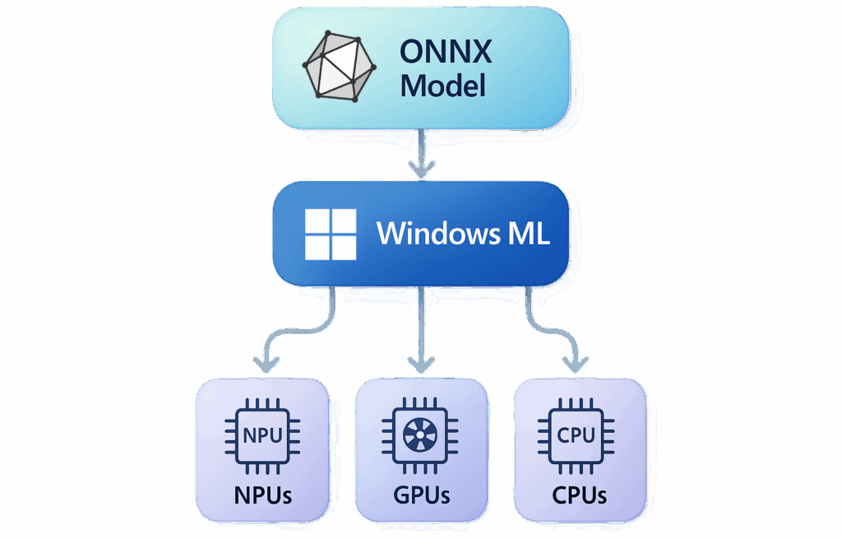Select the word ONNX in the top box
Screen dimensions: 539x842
(x=446, y=52)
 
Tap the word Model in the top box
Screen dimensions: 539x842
(x=442, y=85)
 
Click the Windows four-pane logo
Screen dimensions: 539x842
(x=331, y=234)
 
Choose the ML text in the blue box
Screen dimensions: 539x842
(x=524, y=234)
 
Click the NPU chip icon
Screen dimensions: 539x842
(x=263, y=435)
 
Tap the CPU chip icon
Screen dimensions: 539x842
(x=577, y=435)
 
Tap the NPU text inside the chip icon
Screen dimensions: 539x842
(x=263, y=435)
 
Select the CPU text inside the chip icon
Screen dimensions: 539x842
(x=577, y=435)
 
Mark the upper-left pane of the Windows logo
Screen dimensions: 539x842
(x=317, y=221)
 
